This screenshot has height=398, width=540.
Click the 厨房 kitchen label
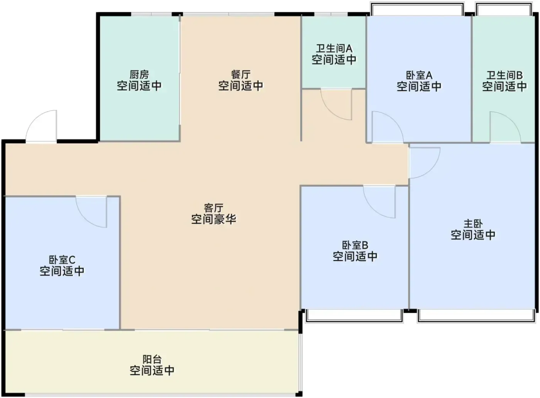[x=139, y=74]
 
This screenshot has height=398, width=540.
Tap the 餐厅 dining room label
[x=241, y=74]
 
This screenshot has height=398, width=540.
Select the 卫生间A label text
[x=334, y=49]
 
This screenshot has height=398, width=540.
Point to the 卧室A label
[x=419, y=75]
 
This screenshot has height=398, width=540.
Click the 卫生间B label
[x=505, y=75]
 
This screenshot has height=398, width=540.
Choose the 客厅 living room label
[x=214, y=207]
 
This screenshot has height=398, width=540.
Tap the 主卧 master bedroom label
[x=473, y=224]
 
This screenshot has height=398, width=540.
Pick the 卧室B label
[x=355, y=245]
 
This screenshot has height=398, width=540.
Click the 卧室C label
[x=62, y=260]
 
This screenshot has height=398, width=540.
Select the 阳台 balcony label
[x=152, y=359]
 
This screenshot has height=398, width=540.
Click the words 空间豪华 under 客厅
[x=214, y=219]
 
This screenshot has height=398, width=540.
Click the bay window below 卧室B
[x=354, y=316]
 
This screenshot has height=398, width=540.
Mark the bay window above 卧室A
[x=417, y=9]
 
